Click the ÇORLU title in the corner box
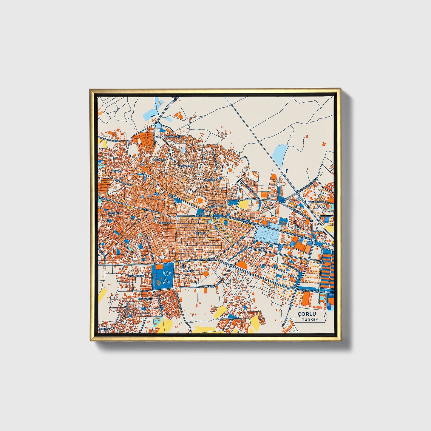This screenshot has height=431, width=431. click(x=306, y=314)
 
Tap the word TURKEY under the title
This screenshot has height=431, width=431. click(x=310, y=319)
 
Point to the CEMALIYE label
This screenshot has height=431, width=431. click(x=159, y=160)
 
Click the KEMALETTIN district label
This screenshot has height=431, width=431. click(x=186, y=166)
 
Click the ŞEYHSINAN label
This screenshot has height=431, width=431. click(x=115, y=214)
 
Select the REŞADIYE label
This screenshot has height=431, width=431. click(x=166, y=223)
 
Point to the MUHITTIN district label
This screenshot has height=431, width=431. click(x=200, y=233)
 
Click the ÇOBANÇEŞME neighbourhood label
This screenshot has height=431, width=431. click(x=135, y=276)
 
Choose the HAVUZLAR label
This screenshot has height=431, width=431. click(x=145, y=298)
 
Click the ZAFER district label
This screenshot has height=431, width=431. click(x=322, y=263)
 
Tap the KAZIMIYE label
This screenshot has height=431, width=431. click(x=217, y=206)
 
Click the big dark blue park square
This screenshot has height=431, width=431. click(x=163, y=276)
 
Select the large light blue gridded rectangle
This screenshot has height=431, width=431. click(x=267, y=234)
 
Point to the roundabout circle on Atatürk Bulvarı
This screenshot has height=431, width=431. click(x=215, y=215)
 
